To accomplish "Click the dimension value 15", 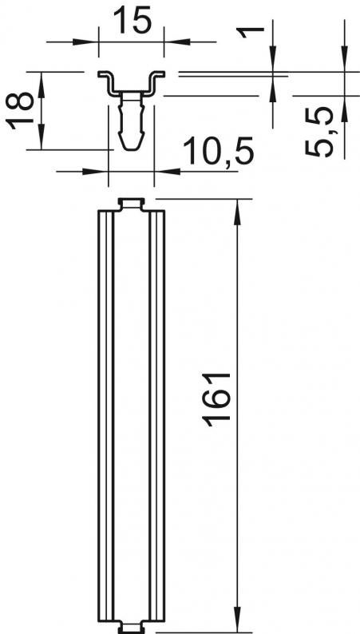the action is click(x=133, y=19).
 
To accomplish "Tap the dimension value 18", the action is click(x=20, y=110).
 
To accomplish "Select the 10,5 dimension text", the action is click(x=219, y=151).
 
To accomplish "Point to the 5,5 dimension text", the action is click(x=319, y=132).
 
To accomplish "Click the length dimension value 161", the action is click(x=216, y=400).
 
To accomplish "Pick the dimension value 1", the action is click(x=251, y=32).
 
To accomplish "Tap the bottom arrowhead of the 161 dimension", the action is click(x=237, y=619).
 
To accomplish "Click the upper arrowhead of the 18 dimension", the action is click(x=42, y=85).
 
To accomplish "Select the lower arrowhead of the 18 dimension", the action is click(x=42, y=137).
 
